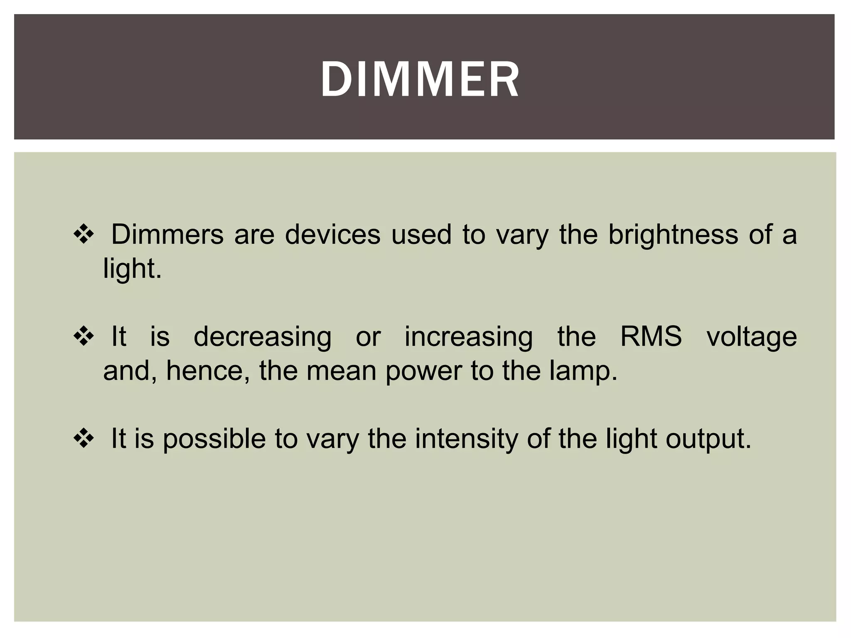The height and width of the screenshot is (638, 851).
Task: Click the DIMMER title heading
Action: click(420, 79)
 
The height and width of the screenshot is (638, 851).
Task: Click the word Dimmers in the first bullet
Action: click(167, 235)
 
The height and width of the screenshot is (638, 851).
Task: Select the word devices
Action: click(332, 235)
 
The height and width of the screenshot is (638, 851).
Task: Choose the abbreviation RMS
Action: click(651, 336)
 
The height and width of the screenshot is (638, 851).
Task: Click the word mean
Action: click(341, 371)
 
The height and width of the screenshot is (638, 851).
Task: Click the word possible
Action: click(214, 439)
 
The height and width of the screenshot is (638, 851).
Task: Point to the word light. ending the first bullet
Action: click(132, 270)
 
